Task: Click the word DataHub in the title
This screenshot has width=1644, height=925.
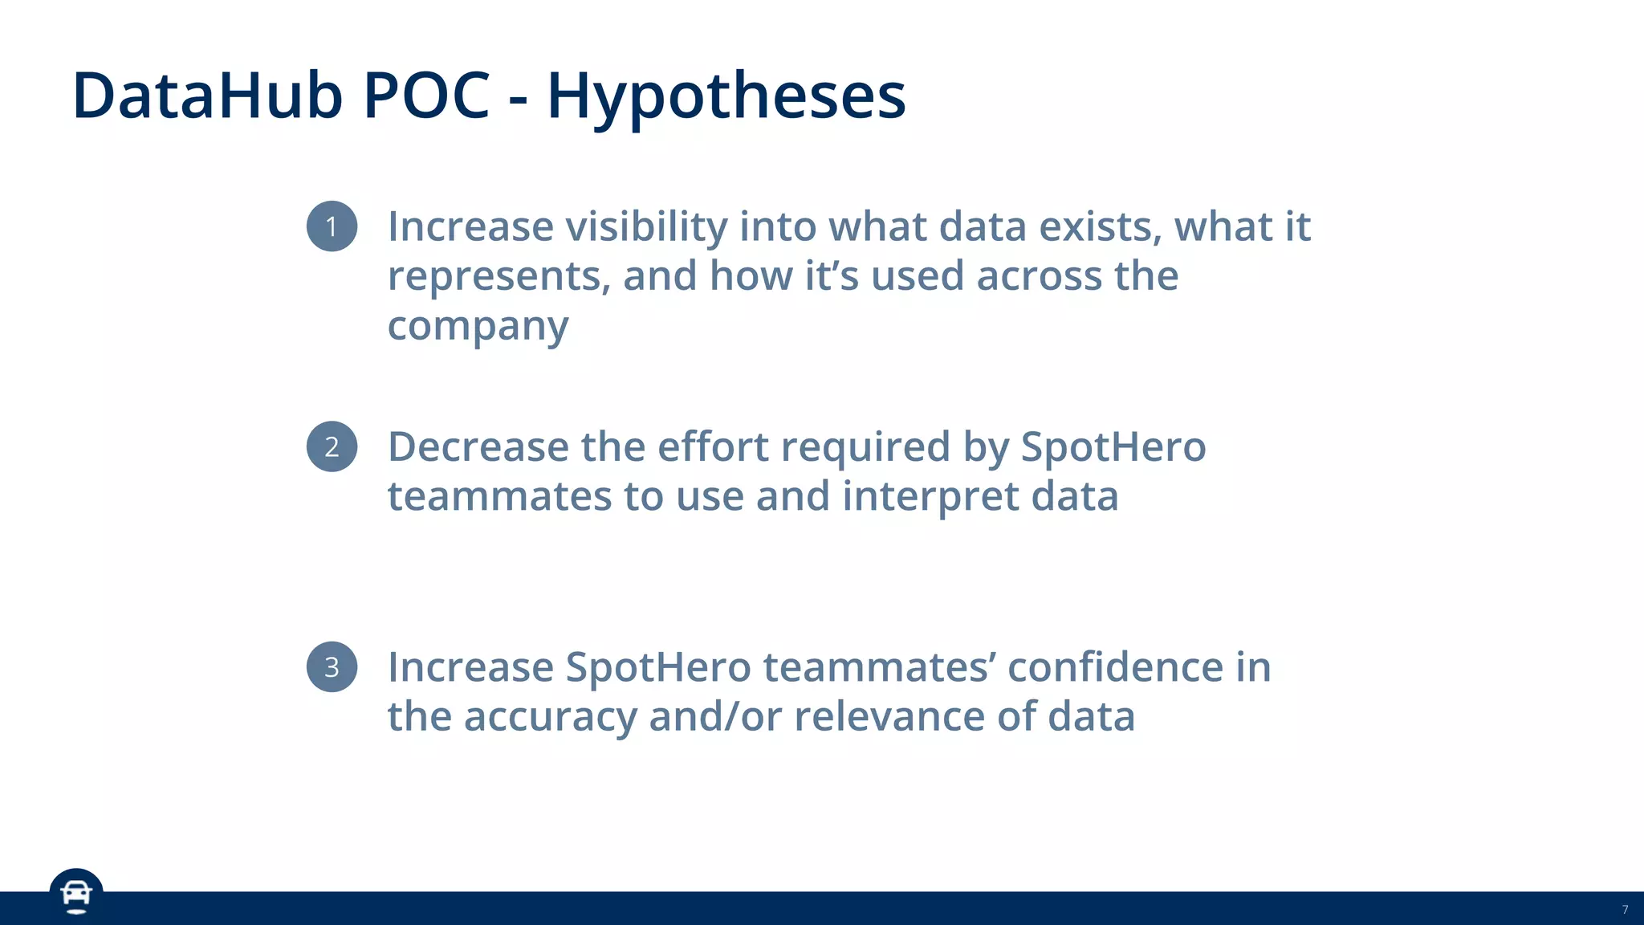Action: pyautogui.click(x=207, y=96)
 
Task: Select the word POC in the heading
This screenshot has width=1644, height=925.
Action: pyautogui.click(x=426, y=96)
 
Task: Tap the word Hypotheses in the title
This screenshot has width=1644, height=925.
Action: pyautogui.click(x=726, y=97)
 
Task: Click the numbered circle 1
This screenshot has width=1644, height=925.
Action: pyautogui.click(x=332, y=226)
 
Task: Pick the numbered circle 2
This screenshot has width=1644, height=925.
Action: pyautogui.click(x=332, y=446)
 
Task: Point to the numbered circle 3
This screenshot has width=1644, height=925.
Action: pyautogui.click(x=332, y=667)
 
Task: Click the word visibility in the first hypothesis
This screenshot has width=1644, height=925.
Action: pyautogui.click(x=647, y=227)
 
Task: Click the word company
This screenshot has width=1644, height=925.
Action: pyautogui.click(x=478, y=327)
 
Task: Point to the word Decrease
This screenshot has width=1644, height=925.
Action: pyautogui.click(x=478, y=447)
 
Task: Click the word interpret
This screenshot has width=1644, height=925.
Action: pyautogui.click(x=930, y=497)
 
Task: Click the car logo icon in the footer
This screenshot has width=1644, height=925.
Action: pyautogui.click(x=76, y=894)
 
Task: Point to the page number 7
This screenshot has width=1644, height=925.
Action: pyautogui.click(x=1625, y=910)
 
